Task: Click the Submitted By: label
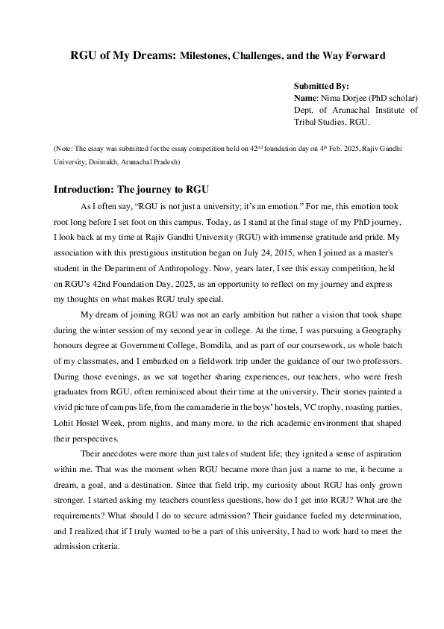tap(321, 87)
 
